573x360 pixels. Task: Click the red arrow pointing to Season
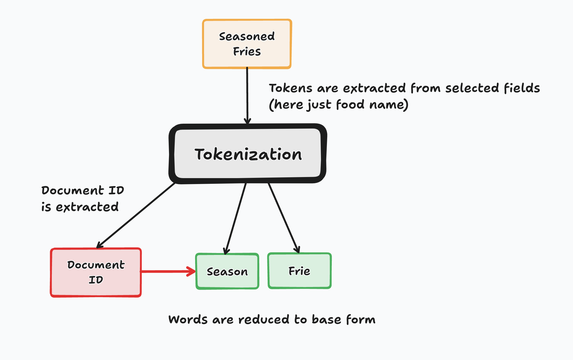(167, 271)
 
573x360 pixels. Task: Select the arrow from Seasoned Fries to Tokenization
(247, 94)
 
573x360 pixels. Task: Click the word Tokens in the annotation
(291, 88)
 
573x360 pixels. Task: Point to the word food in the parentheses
(350, 105)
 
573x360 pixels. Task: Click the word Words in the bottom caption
(188, 320)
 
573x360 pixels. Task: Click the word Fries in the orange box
(247, 51)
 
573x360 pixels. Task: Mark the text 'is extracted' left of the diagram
(80, 207)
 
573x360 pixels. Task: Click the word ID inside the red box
(96, 280)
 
